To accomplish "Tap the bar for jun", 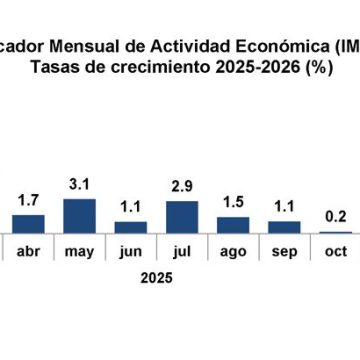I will [130, 227].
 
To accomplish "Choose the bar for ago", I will [232, 225].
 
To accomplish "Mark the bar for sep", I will [284, 227].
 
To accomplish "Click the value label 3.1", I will [79, 186].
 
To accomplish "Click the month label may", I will [79, 251].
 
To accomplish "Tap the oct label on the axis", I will [335, 251].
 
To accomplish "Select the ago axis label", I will [232, 252].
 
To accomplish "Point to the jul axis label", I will [181, 251].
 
